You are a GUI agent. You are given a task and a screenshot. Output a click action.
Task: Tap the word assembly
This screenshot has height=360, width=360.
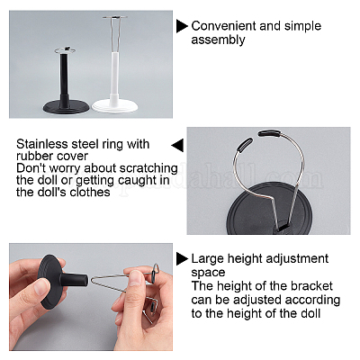(218, 40)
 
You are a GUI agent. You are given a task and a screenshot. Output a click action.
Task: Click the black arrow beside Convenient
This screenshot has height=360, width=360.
(182, 26)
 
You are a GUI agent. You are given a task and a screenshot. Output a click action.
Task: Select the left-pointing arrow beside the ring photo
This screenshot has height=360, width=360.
(177, 146)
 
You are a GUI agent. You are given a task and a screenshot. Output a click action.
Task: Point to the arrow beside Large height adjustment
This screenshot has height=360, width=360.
(182, 258)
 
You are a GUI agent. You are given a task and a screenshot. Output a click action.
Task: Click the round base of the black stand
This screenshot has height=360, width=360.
(67, 107)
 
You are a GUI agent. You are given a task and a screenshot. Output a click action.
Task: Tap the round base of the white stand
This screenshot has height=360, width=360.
(115, 106)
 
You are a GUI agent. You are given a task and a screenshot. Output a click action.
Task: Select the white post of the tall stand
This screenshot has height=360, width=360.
(114, 77)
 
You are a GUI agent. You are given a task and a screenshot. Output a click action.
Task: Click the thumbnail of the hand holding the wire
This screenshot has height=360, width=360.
(91, 297)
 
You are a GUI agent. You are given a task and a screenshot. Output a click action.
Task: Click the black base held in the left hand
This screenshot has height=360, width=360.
(53, 282)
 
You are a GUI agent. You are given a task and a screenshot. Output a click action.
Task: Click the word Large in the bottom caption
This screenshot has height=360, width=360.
(208, 259)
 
